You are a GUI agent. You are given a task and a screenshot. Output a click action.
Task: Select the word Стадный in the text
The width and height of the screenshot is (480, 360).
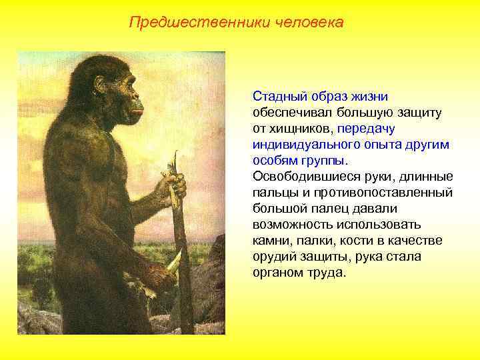(x=277, y=97)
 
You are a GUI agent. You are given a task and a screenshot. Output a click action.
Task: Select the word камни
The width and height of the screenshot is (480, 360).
(x=271, y=241)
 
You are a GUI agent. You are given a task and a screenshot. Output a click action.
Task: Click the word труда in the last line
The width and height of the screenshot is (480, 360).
(x=330, y=273)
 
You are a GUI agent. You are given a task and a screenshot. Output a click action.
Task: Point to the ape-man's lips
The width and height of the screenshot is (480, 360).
(x=139, y=111)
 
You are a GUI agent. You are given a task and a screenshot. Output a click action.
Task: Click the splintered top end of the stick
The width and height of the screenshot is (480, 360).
(x=175, y=161)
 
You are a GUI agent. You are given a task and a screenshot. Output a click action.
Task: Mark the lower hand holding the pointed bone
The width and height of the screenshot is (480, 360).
(x=160, y=275)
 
